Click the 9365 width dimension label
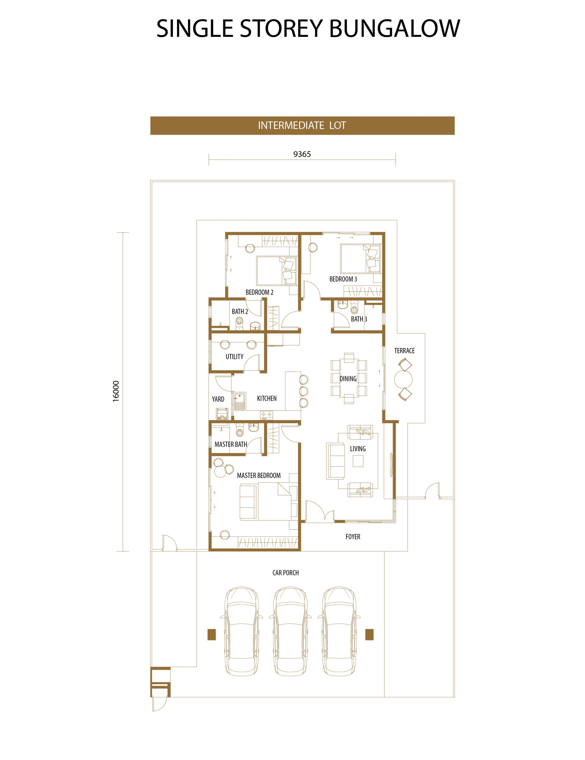click(302, 154)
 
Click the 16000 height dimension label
click(116, 392)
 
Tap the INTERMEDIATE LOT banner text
click(302, 125)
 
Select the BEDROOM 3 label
click(343, 279)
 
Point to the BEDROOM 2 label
click(259, 292)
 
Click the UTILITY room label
click(234, 357)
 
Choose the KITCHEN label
click(267, 398)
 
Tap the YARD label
click(218, 399)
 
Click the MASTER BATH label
click(231, 444)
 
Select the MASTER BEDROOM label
click(259, 475)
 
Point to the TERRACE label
click(404, 351)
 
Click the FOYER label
click(353, 536)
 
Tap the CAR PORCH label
click(286, 573)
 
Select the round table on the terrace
click(403, 379)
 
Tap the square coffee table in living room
click(358, 461)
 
